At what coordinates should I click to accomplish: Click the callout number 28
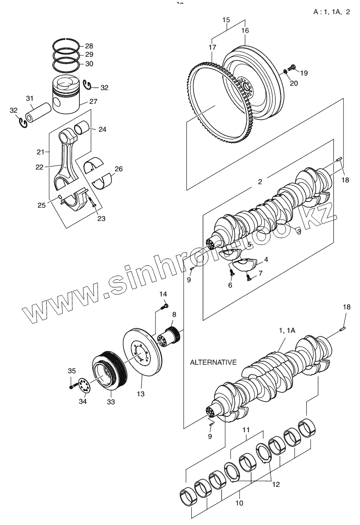click(x=89, y=46)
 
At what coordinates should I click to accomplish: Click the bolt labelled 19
click(x=292, y=67)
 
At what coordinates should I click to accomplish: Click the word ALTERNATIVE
click(x=213, y=362)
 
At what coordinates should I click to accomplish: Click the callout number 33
click(x=111, y=402)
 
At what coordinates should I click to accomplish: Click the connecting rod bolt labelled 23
click(x=91, y=204)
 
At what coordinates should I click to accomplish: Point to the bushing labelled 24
click(x=83, y=128)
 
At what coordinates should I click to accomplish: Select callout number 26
click(x=119, y=169)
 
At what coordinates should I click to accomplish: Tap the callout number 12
click(x=276, y=485)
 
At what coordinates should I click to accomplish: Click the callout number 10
click(x=239, y=504)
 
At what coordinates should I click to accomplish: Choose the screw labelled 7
click(x=247, y=277)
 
